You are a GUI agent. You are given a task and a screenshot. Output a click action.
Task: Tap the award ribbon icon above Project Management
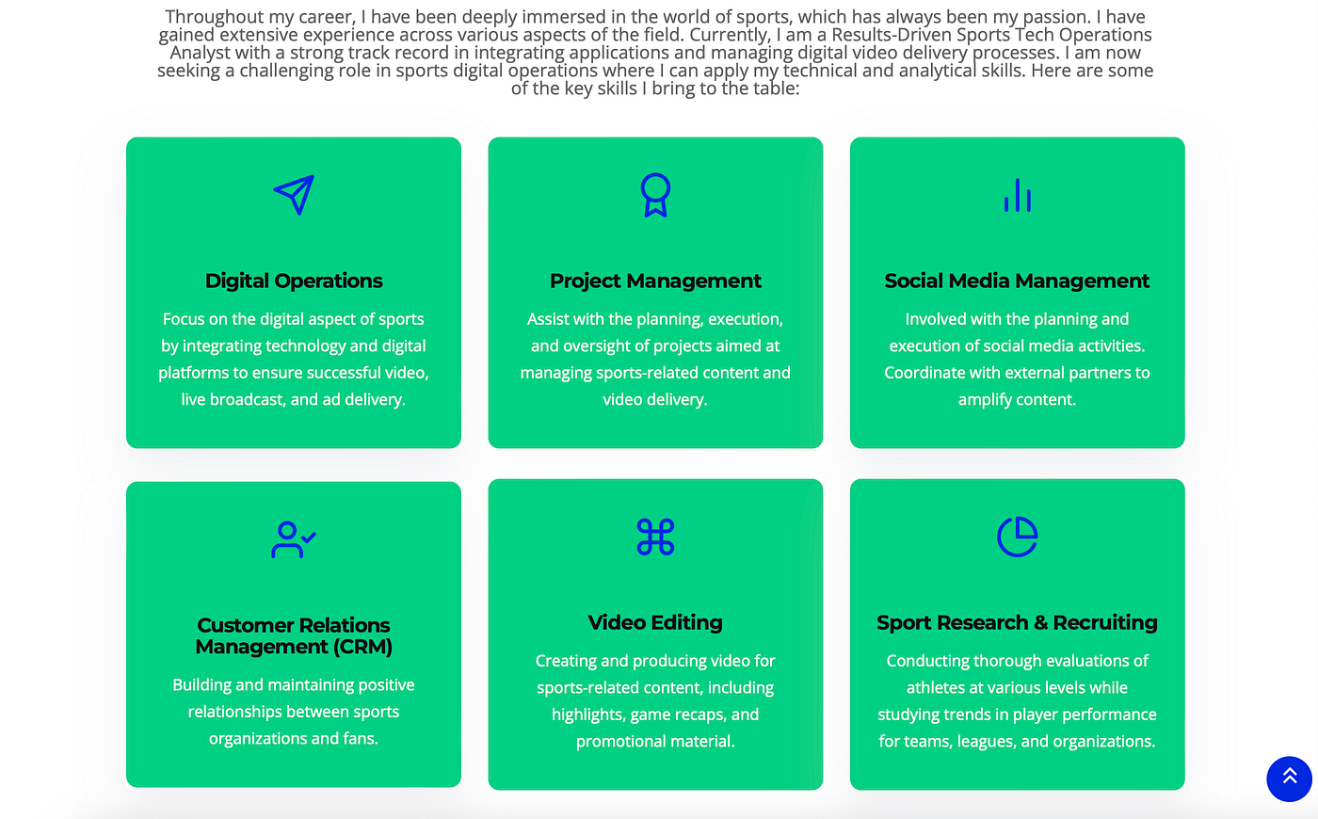coord(655,195)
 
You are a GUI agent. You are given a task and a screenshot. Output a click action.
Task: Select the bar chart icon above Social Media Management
coord(1018,195)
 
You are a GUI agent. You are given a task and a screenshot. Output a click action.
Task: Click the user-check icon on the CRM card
coord(293,539)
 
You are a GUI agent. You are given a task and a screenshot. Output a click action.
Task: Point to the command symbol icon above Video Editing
coord(655,537)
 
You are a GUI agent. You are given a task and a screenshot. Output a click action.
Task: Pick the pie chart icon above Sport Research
coord(1018,537)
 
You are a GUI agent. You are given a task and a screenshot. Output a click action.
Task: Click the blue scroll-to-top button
coord(1289,779)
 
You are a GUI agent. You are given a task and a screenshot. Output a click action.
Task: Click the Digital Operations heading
coord(294,281)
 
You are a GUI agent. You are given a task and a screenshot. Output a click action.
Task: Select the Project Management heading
coord(655,281)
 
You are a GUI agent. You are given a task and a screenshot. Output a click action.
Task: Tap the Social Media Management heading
coord(1017,281)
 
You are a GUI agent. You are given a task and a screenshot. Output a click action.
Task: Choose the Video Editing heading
coord(655,622)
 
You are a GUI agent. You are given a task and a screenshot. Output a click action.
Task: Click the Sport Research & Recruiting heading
coord(1017,622)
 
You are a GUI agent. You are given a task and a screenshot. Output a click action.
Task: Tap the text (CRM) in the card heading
coord(362,647)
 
